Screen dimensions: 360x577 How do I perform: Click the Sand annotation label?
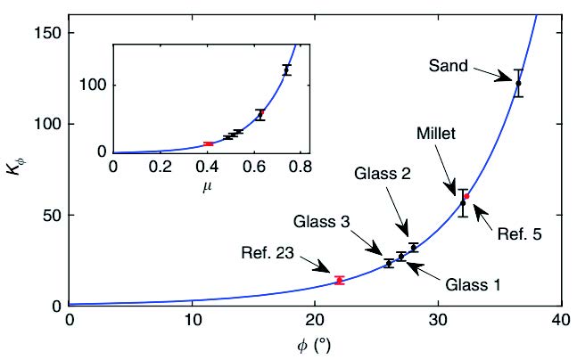[447, 66]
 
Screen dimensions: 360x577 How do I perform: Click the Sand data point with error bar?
[518, 83]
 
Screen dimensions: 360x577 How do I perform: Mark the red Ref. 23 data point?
[339, 280]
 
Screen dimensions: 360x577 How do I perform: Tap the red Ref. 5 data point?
[466, 196]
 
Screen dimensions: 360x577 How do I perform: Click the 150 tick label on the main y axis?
[50, 33]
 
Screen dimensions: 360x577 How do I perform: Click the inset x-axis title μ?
[206, 186]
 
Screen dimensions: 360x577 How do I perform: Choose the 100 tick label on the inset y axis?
[95, 85]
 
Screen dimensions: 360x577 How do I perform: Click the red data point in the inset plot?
[208, 143]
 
